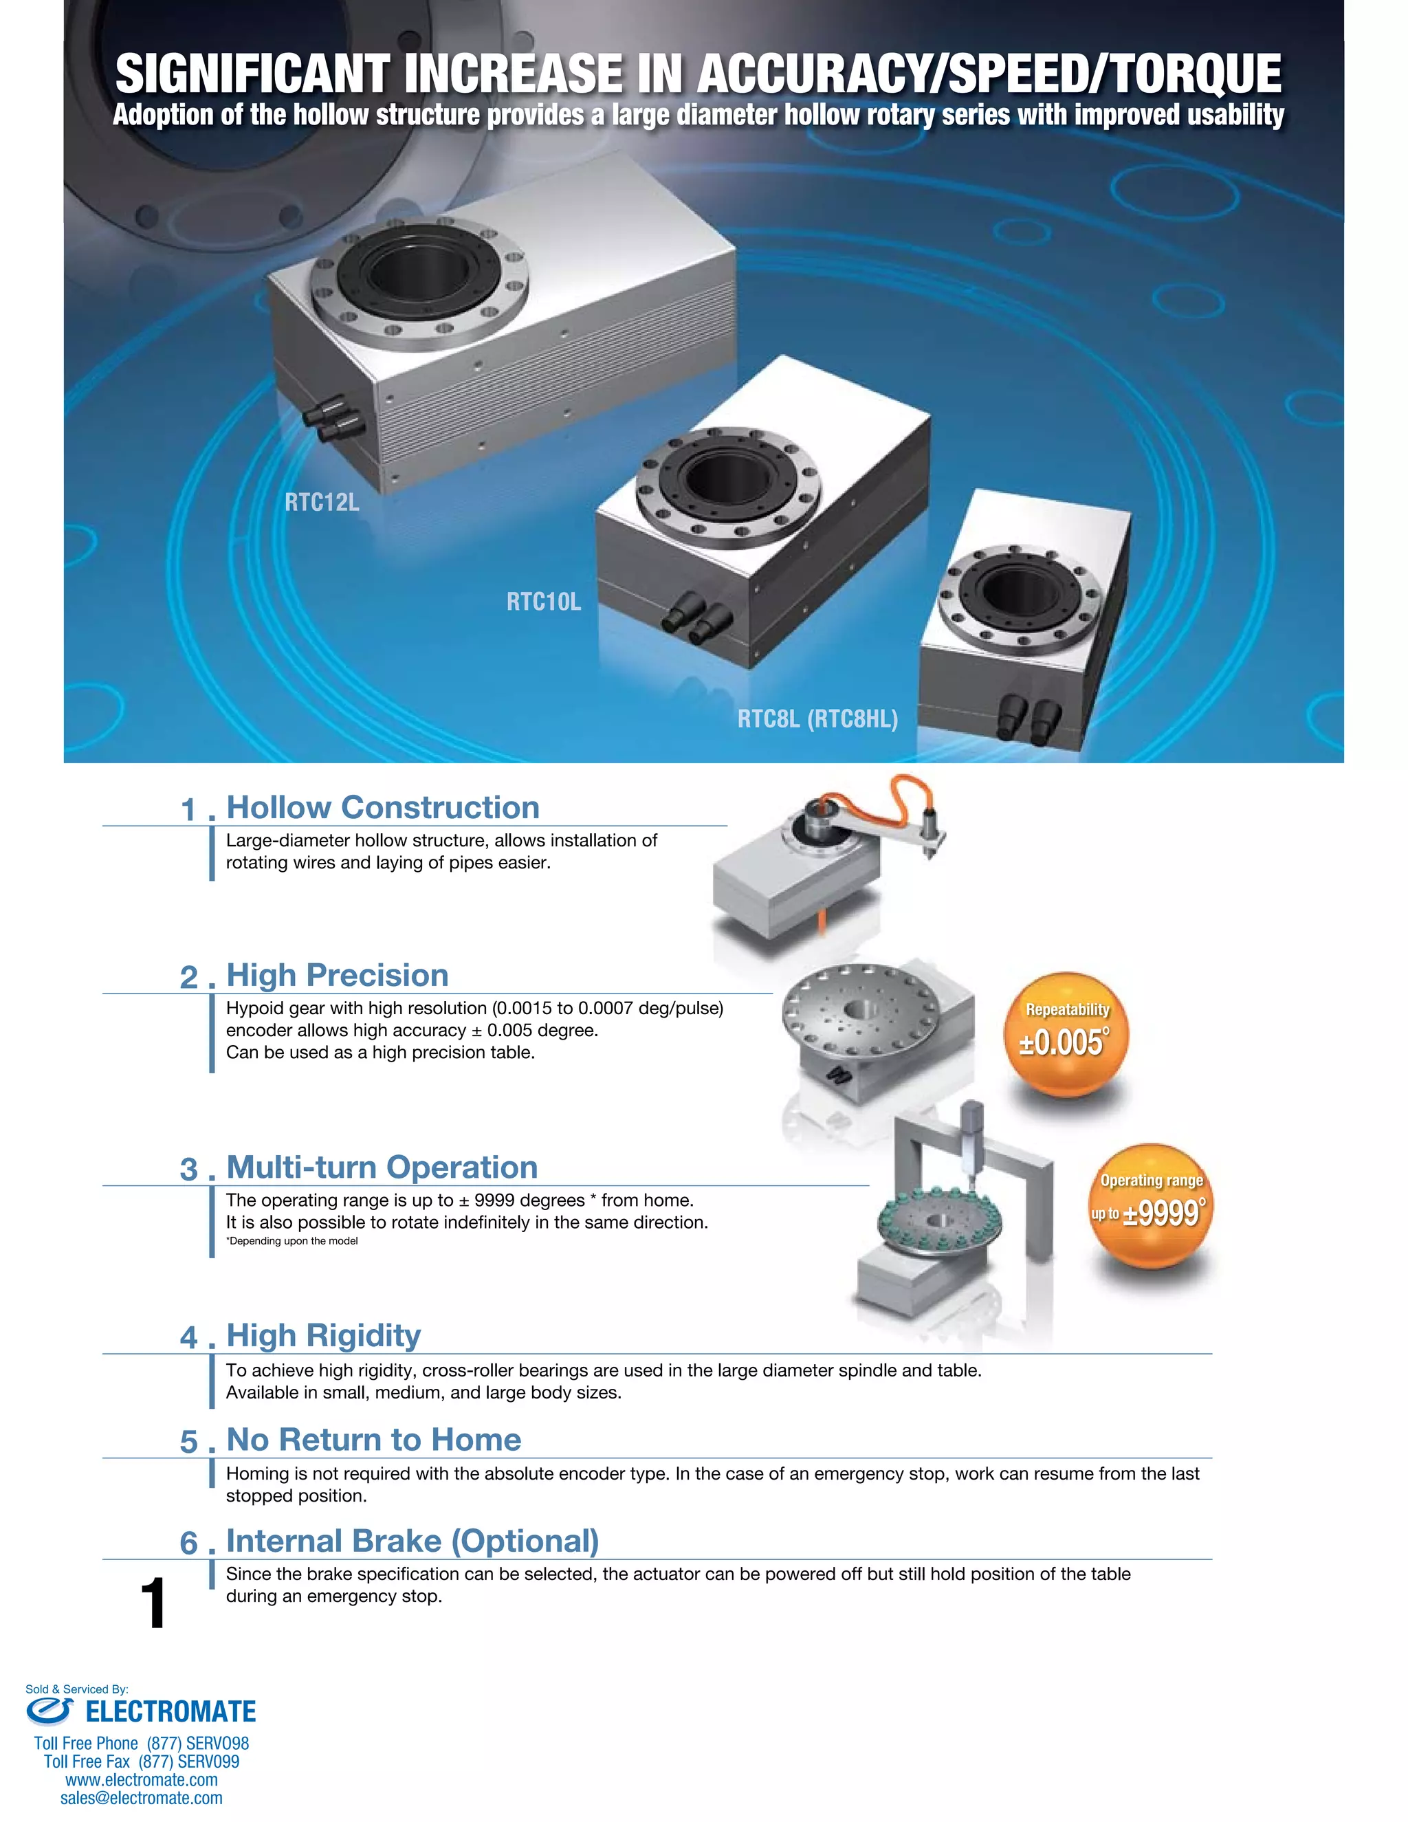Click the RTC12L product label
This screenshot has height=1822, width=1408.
pyautogui.click(x=322, y=502)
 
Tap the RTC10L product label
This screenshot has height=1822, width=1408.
pyautogui.click(x=544, y=602)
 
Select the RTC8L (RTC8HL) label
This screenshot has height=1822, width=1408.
pyautogui.click(x=817, y=719)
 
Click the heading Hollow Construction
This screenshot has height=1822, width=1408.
pyautogui.click(x=383, y=808)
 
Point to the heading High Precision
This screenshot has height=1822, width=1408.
pyautogui.click(x=337, y=975)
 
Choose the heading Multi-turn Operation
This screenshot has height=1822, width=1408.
pyautogui.click(x=382, y=1167)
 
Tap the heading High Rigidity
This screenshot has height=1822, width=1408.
pyautogui.click(x=324, y=1336)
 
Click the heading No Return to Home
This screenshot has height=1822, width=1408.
pyautogui.click(x=374, y=1440)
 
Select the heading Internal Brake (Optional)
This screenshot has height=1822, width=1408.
pyautogui.click(x=413, y=1541)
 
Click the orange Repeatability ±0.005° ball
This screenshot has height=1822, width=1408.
pyautogui.click(x=1066, y=1035)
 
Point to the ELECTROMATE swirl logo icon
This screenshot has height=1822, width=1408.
pyautogui.click(x=50, y=1711)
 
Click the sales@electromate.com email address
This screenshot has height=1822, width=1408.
pyautogui.click(x=141, y=1798)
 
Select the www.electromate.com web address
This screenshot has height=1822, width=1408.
pyautogui.click(x=141, y=1779)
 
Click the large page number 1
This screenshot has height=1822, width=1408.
pyautogui.click(x=153, y=1603)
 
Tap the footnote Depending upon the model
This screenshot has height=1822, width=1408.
pyautogui.click(x=292, y=1240)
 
